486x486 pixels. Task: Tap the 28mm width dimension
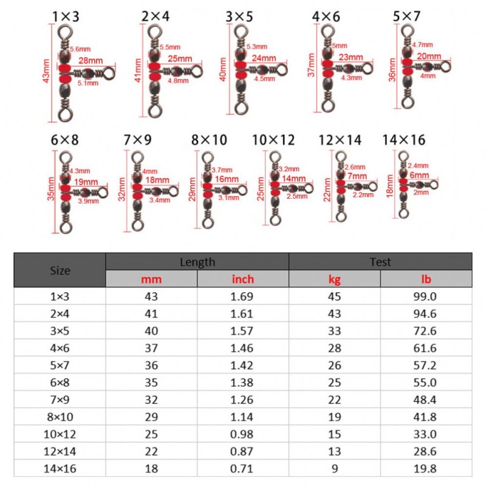click(90, 61)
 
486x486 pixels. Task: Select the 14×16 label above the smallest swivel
click(404, 140)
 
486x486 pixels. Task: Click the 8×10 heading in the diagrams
click(208, 140)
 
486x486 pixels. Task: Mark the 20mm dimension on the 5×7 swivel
click(430, 55)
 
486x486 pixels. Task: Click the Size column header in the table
click(60, 270)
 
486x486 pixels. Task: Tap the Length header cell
click(197, 262)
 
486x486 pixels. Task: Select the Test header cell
click(380, 262)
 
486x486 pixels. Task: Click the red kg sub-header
click(334, 279)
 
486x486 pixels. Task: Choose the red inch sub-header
click(243, 279)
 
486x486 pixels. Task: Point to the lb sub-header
click(426, 279)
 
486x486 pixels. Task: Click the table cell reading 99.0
click(426, 297)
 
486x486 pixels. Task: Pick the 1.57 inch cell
click(243, 332)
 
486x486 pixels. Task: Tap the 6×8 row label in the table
click(60, 384)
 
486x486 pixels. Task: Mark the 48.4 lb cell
click(426, 402)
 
